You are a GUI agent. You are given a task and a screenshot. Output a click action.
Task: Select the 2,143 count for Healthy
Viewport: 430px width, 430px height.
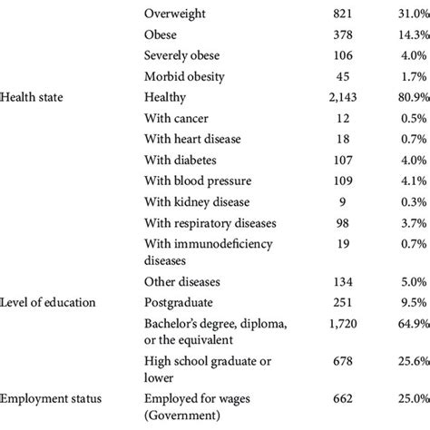click(x=347, y=95)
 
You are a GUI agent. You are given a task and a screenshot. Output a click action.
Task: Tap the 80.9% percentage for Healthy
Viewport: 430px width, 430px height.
click(x=407, y=95)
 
